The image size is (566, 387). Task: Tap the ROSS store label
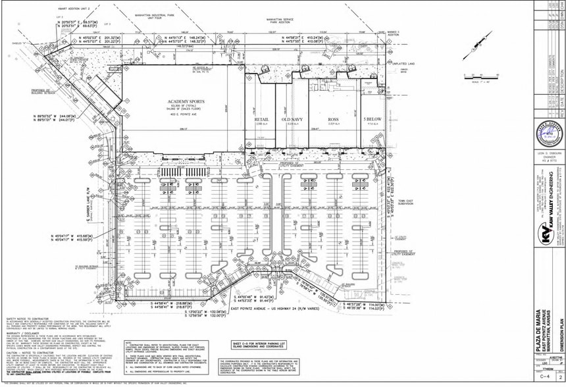(x=333, y=119)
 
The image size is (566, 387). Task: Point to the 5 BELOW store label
(x=372, y=119)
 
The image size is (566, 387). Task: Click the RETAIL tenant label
(x=261, y=119)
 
